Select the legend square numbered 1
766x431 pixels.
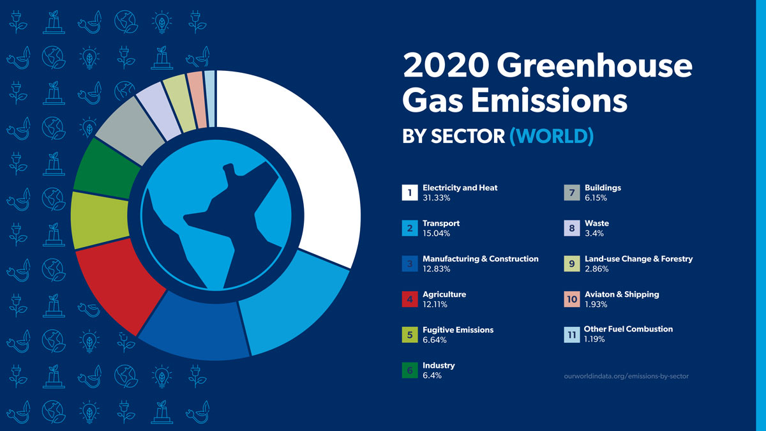(x=409, y=193)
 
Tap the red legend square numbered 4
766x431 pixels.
(x=409, y=299)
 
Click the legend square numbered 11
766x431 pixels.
(x=571, y=334)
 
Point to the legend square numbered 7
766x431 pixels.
(x=571, y=193)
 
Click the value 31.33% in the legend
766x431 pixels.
(x=437, y=199)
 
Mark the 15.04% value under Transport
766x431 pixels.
(x=437, y=234)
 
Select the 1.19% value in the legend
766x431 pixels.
(x=594, y=340)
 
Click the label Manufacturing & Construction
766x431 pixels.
(x=481, y=259)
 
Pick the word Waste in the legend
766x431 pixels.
(x=596, y=223)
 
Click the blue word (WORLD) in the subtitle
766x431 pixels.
(x=552, y=136)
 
